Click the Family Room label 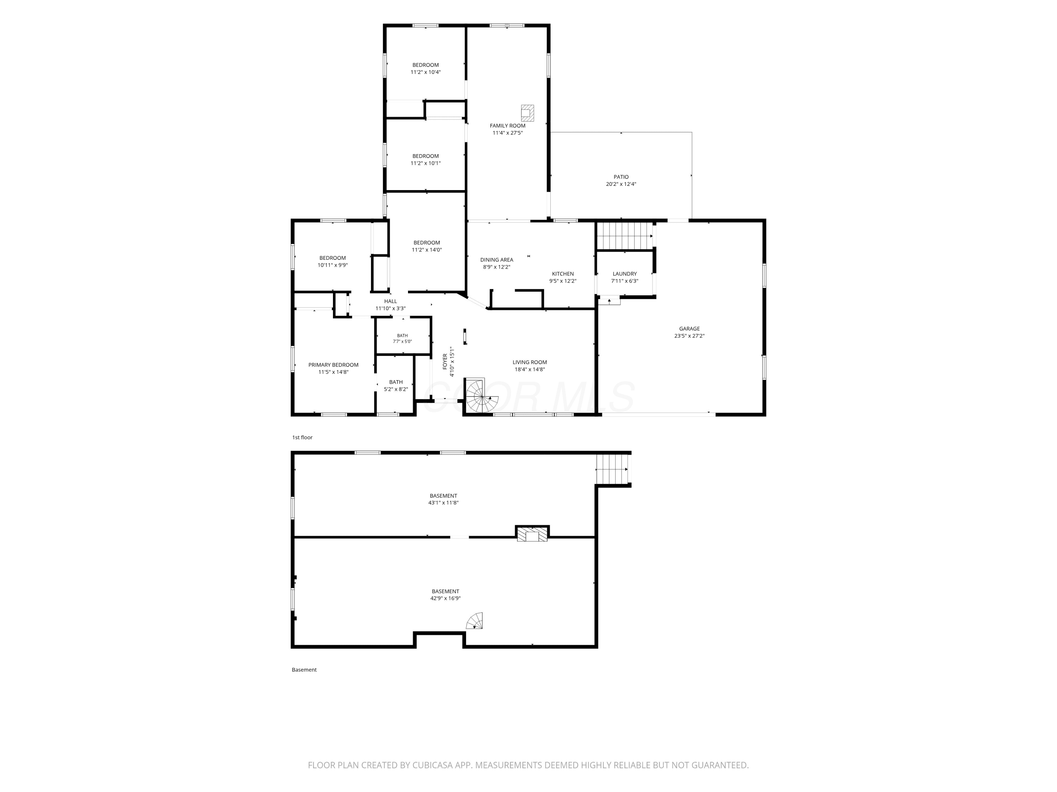click(507, 126)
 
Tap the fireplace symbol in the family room click(527, 113)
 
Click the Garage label click(690, 329)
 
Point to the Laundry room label click(625, 274)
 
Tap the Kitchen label click(563, 274)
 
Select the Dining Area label click(497, 260)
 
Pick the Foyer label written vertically click(445, 362)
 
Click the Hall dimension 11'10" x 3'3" click(390, 309)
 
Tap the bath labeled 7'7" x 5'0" click(402, 339)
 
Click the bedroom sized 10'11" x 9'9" click(333, 262)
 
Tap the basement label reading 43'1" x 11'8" click(444, 503)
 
